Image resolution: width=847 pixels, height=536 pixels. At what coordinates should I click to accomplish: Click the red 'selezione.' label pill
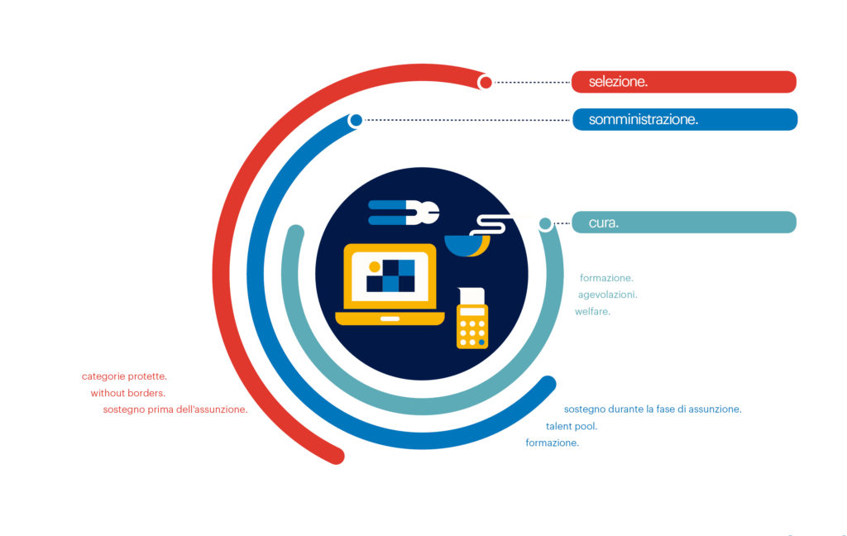point(684,82)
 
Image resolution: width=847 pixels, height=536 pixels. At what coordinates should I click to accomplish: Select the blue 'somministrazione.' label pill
point(685,119)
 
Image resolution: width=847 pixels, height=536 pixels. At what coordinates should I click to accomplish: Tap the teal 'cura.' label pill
point(684,222)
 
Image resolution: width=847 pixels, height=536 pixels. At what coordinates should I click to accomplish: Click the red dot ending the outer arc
point(485,82)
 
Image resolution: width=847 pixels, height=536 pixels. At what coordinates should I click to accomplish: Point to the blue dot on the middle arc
point(356,120)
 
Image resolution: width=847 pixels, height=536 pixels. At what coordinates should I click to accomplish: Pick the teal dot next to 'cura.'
point(546,223)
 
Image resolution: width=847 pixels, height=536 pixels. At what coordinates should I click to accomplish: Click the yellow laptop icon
point(390,285)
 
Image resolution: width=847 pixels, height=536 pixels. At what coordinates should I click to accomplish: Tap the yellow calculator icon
point(472,318)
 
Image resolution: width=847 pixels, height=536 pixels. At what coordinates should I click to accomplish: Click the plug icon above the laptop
point(404,213)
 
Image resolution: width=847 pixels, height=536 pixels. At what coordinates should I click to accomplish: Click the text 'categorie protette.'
point(124,376)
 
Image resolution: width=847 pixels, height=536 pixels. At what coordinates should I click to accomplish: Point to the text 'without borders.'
point(128,393)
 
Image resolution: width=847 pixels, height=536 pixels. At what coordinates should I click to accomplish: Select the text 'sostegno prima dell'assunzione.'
point(175,409)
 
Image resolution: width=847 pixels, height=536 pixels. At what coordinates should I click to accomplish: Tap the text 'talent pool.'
point(572,426)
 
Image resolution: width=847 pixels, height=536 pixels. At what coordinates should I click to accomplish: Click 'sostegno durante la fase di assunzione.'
point(653,409)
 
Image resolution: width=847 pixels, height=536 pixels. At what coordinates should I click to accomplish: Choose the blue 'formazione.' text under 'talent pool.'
point(552,443)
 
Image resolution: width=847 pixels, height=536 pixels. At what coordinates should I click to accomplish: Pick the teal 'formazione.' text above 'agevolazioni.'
point(606,278)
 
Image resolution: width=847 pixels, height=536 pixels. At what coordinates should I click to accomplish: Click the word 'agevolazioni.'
point(608,294)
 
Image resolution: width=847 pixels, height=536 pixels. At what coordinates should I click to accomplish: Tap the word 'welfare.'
point(592,311)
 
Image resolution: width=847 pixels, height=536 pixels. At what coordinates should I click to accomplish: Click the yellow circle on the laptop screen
point(375,266)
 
